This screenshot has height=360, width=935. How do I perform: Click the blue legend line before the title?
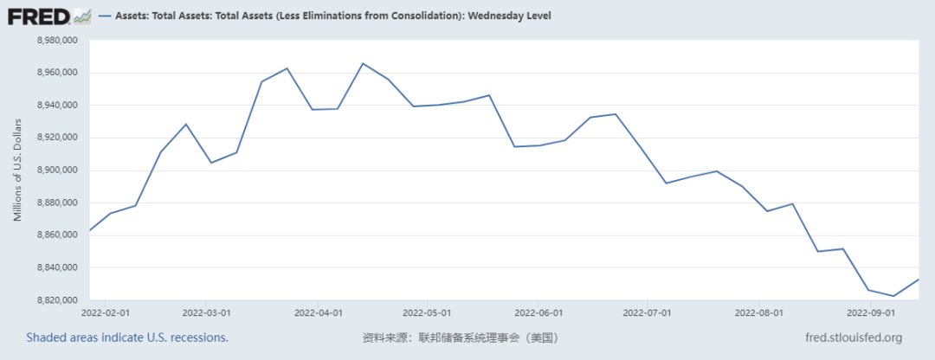(107, 16)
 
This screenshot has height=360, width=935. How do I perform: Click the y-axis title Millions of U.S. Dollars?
(17, 170)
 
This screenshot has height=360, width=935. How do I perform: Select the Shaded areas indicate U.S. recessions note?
(127, 337)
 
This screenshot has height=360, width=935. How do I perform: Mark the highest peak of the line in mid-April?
(363, 63)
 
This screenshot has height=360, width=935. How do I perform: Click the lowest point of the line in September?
(894, 296)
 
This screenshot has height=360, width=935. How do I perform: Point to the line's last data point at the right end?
(919, 280)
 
